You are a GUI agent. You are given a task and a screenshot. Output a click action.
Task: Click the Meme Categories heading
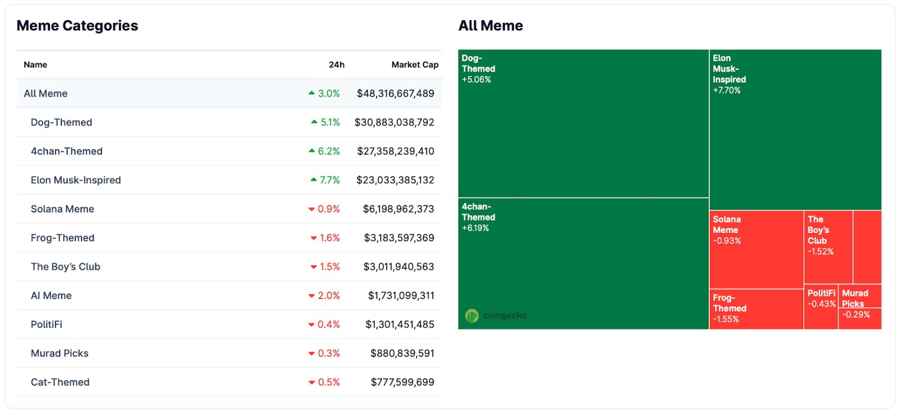[77, 26]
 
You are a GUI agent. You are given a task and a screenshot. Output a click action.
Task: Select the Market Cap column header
[415, 65]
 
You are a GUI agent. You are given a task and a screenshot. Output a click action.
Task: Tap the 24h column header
[336, 65]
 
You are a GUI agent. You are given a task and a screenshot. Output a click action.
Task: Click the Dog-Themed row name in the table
[61, 122]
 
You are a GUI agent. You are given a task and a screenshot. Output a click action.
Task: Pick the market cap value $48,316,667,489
[395, 94]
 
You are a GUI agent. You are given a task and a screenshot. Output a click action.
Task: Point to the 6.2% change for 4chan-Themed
[328, 151]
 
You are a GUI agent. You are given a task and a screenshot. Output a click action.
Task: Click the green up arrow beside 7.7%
[314, 180]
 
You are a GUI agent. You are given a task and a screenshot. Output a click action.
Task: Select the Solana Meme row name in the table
[62, 209]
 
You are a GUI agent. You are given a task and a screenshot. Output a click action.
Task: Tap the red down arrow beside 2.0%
[312, 296]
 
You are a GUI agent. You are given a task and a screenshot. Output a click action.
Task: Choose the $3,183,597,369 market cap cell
[399, 238]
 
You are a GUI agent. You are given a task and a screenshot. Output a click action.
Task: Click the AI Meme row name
[51, 295]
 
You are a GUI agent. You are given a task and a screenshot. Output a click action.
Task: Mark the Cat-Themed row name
[60, 382]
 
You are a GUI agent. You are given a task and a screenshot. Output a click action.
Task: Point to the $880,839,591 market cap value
[402, 353]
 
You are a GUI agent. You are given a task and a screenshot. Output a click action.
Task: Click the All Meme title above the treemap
[490, 26]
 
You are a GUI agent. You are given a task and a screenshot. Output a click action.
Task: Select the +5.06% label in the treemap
[476, 80]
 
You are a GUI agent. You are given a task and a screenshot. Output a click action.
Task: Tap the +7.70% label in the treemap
[727, 90]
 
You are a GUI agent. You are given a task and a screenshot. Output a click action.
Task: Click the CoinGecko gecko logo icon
[471, 316]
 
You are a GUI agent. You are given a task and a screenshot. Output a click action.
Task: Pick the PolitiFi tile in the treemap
[821, 307]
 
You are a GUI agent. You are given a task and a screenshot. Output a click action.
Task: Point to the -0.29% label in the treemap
[856, 315]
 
